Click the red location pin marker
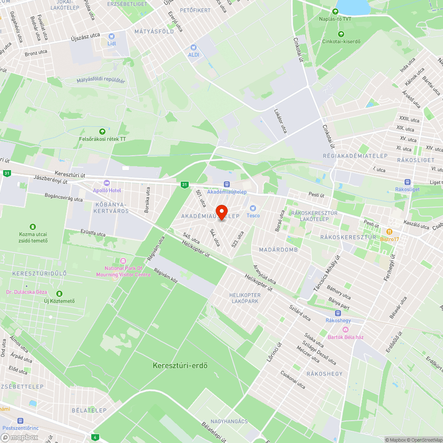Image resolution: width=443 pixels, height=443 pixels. click(x=221, y=211)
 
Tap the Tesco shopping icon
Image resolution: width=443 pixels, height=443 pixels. click(x=253, y=208)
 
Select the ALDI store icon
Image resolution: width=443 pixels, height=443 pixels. click(x=193, y=47)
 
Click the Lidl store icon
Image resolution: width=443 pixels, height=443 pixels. click(x=111, y=36)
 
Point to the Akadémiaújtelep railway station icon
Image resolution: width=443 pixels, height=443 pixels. click(x=227, y=184)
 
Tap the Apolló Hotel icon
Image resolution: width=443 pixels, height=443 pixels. click(x=106, y=183)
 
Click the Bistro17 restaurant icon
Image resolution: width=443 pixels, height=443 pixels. click(x=389, y=231)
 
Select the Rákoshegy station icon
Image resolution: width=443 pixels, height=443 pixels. click(x=338, y=313)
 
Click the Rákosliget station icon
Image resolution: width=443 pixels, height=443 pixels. click(x=407, y=182)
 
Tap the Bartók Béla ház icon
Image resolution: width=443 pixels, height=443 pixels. click(x=346, y=329)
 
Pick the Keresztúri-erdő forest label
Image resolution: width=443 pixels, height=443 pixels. click(x=180, y=365)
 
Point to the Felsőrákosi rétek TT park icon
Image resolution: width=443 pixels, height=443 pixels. click(x=102, y=131)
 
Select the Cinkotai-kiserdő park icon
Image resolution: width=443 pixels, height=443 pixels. click(x=341, y=34)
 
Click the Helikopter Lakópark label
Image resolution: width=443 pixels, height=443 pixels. click(x=245, y=298)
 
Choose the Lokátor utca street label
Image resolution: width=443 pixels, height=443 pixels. click(x=280, y=121)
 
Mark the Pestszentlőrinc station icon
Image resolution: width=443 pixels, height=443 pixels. click(x=20, y=420)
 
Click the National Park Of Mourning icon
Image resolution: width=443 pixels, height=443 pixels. click(x=123, y=261)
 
